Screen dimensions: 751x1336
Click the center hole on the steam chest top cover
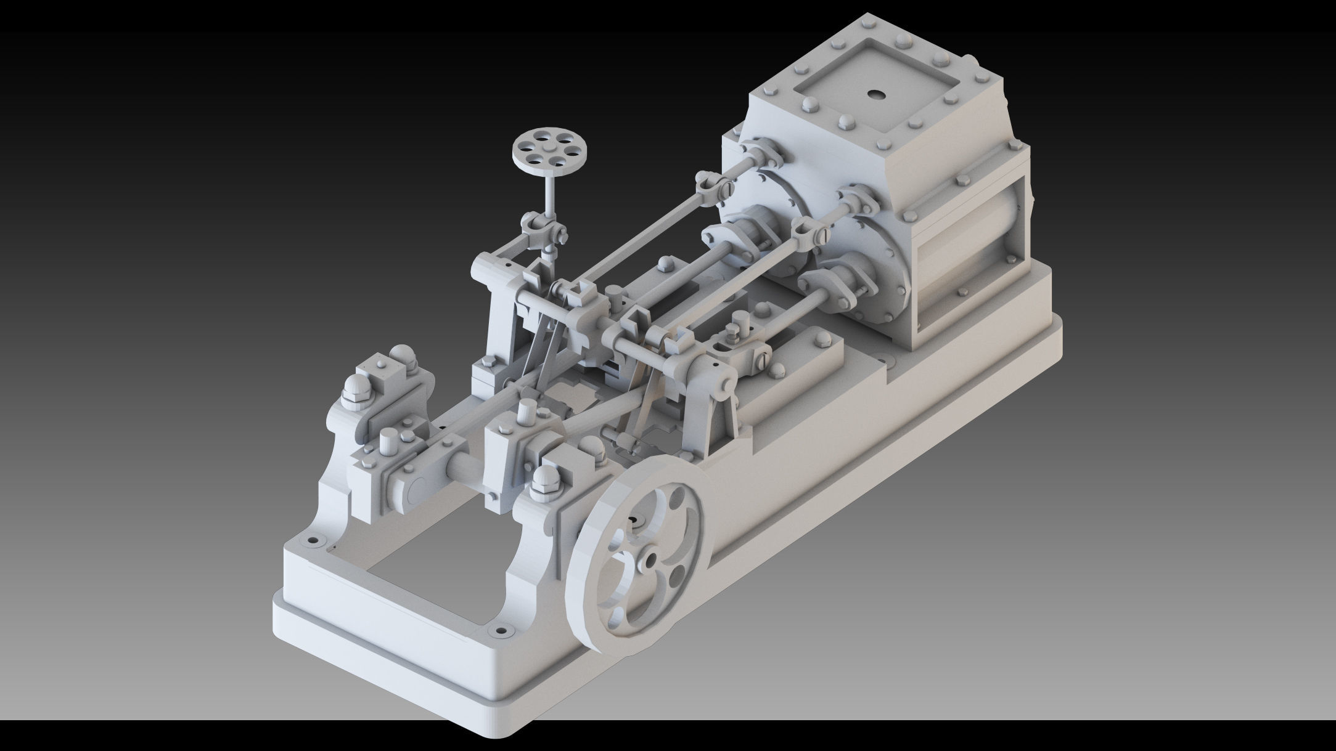coord(875,94)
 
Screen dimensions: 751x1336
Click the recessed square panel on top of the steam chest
coord(875,92)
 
